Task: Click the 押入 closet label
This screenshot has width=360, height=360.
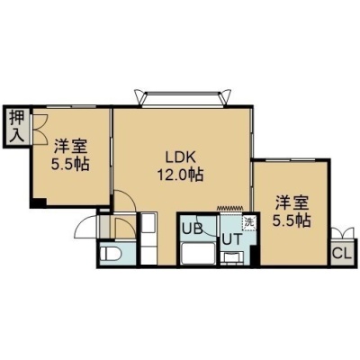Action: point(17,126)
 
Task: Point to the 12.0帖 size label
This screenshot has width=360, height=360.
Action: point(181,175)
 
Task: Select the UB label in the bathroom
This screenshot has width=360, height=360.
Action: point(193,229)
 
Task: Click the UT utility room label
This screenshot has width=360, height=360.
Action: point(232,239)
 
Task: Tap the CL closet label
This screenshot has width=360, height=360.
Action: point(342,254)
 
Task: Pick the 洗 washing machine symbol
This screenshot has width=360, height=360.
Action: point(249,223)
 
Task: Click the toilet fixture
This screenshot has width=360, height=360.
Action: point(111,255)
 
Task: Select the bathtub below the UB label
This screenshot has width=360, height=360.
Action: point(199,254)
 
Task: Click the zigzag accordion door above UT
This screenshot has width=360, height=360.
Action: point(229,208)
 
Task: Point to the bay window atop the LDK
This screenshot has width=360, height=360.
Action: point(183,97)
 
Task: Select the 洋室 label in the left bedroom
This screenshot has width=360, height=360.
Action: point(71,147)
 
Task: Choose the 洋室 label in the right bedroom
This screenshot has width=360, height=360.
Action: point(292,202)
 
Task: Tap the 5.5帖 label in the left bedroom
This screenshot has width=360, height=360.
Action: point(70,164)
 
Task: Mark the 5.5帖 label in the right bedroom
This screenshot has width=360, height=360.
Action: point(292,220)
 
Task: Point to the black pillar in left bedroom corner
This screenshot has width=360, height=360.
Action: point(39,202)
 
